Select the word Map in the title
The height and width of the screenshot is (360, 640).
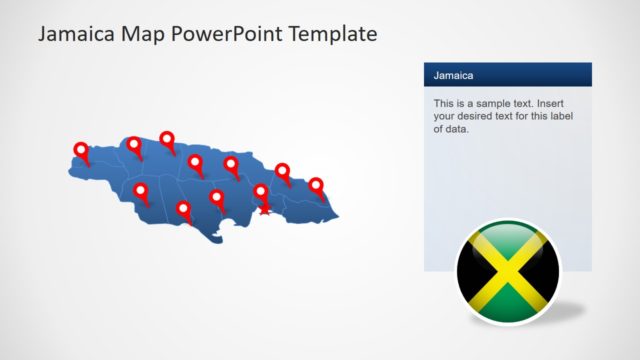click(x=146, y=34)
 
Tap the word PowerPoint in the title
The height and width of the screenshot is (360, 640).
click(x=227, y=34)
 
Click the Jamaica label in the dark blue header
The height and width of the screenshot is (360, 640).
click(x=453, y=75)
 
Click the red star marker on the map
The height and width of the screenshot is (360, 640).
click(x=264, y=207)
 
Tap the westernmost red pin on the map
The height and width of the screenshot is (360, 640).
click(x=81, y=150)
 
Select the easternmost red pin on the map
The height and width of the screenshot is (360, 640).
click(x=316, y=185)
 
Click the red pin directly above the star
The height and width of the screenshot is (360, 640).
click(x=261, y=191)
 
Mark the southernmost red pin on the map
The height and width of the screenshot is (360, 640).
click(x=183, y=209)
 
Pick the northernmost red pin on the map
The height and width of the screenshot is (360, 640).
click(x=167, y=140)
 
